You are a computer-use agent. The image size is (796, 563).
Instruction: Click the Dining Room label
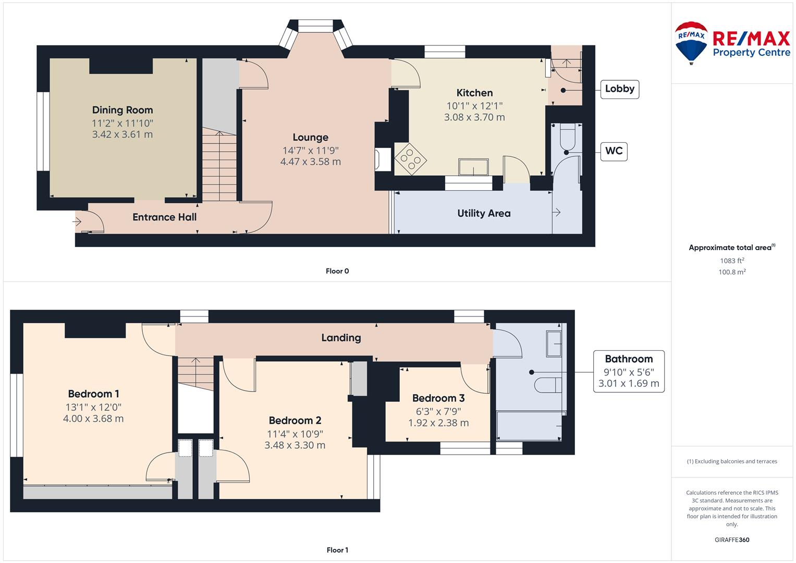(123, 110)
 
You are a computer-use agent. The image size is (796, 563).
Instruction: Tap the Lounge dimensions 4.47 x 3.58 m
(311, 162)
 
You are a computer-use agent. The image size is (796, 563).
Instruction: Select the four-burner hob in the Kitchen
(410, 158)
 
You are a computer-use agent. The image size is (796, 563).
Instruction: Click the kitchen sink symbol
(473, 167)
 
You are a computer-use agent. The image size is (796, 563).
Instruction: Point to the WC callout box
(614, 151)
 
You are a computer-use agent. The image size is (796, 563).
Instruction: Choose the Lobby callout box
(620, 89)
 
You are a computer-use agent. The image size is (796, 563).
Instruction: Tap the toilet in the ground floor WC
(568, 138)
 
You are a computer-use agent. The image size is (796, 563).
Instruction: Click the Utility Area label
(484, 213)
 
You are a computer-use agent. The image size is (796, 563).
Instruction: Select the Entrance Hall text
(165, 217)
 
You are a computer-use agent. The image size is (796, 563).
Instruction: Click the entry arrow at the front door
(77, 222)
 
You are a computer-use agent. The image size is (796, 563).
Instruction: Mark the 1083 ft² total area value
(732, 261)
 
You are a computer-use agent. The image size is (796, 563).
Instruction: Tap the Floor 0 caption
(337, 271)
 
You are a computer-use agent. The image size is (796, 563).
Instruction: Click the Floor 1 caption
(337, 550)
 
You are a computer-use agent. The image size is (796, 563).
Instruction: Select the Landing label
(341, 338)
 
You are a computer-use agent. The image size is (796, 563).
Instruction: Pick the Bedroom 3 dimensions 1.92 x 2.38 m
(438, 423)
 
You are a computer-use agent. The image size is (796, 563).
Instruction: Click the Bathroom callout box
(629, 371)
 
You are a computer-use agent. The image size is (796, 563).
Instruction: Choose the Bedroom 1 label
(93, 394)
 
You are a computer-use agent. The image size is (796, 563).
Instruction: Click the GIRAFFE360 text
(732, 540)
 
